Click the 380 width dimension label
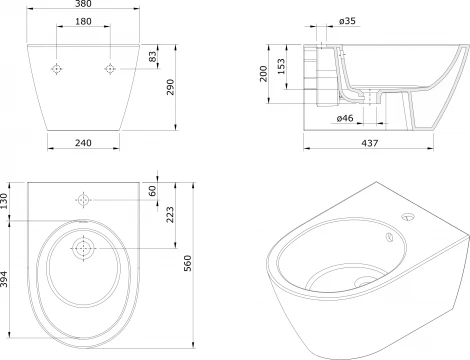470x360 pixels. pos(83,3)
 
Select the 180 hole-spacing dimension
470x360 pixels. pos(83,21)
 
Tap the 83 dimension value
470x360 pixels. pos(152,56)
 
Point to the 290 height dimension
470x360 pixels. pos(170,87)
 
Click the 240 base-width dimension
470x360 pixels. pos(83,143)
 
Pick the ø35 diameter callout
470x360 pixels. pos(347,21)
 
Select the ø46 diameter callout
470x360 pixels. pos(345,118)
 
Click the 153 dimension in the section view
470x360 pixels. pos(281,66)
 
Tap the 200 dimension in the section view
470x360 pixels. pos(263,74)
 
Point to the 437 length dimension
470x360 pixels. pos(370,143)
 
